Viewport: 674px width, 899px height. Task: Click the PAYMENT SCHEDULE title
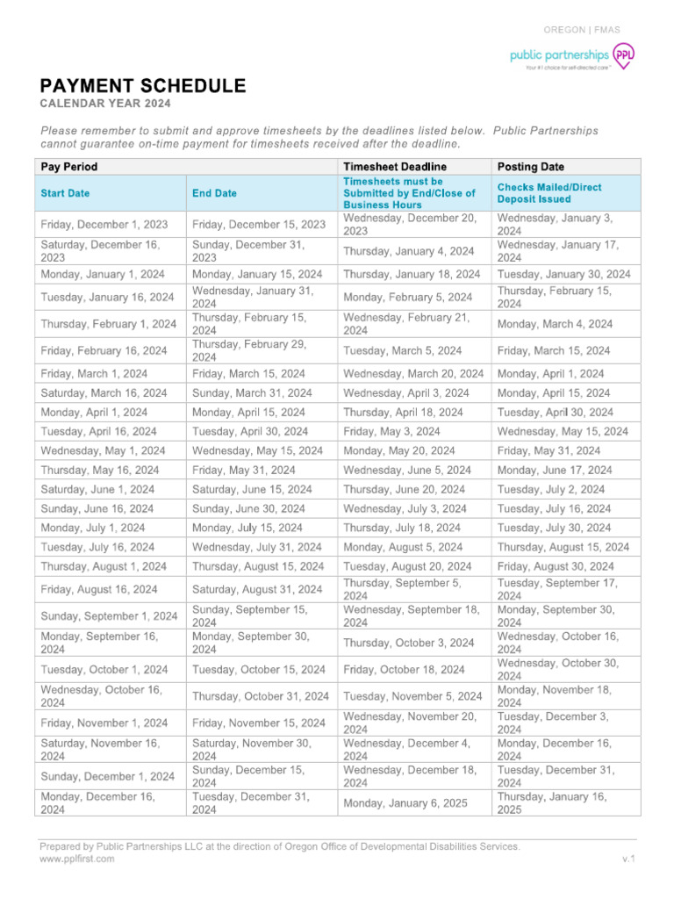[x=142, y=86]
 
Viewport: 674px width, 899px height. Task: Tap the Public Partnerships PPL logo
[x=571, y=58]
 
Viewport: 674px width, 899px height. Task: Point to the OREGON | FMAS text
[x=582, y=30]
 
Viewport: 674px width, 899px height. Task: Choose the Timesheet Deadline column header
[x=395, y=167]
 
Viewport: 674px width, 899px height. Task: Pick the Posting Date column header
[x=531, y=167]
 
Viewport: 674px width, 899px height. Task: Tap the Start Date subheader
[x=65, y=193]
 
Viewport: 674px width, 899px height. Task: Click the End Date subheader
[x=214, y=193]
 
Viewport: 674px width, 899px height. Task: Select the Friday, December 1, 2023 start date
[x=104, y=225]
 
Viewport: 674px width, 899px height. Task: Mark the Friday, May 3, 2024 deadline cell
[x=391, y=431]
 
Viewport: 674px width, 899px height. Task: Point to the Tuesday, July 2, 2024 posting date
[x=550, y=489]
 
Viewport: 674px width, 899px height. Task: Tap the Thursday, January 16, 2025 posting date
[x=551, y=803]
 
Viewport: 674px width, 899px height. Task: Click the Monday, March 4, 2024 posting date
[x=555, y=324]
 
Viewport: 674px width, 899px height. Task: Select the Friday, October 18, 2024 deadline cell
[x=404, y=670]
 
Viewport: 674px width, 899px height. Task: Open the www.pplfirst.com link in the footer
[x=77, y=859]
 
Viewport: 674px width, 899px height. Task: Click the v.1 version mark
[x=627, y=859]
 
